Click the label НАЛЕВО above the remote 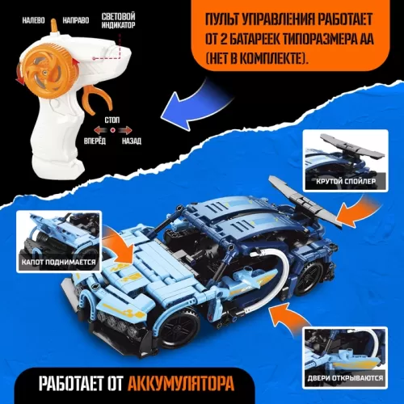(33, 20)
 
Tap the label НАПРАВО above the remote (76, 20)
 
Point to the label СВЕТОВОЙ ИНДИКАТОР (118, 21)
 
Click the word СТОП (112, 120)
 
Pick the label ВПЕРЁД (95, 141)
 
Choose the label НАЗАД (132, 141)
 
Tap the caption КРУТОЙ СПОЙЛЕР (346, 181)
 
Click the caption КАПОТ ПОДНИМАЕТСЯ (58, 262)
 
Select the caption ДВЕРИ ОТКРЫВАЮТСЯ (345, 378)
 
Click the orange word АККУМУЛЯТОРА (181, 383)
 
